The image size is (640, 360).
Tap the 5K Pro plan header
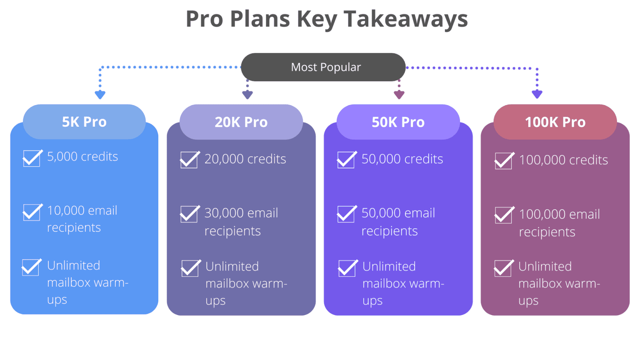(84, 122)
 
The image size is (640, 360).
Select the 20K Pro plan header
(241, 122)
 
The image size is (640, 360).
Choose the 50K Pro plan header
(398, 122)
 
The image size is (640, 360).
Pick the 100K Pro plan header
(555, 122)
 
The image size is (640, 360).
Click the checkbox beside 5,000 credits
(32, 158)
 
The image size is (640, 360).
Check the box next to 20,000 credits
(189, 160)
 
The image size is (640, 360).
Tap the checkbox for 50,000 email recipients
(346, 214)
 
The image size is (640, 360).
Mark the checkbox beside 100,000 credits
(503, 161)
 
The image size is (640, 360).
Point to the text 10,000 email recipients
(82, 219)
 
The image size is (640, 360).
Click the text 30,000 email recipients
(241, 222)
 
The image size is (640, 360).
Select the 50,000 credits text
(402, 159)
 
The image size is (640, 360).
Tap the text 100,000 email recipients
(559, 223)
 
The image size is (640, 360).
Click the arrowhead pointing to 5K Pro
(100, 95)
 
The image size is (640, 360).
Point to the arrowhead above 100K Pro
(537, 94)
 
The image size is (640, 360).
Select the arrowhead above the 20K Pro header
(247, 95)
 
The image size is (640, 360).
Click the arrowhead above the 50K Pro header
(399, 95)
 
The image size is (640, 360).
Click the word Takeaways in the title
(405, 19)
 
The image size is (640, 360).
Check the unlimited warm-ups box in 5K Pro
(31, 267)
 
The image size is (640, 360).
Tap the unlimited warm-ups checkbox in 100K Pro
(503, 268)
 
